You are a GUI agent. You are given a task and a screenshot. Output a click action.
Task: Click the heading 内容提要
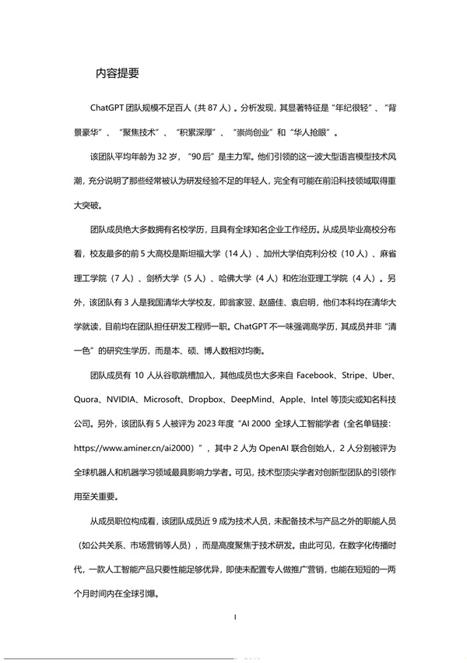click(117, 73)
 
